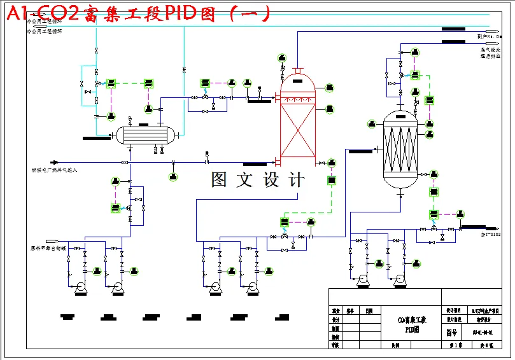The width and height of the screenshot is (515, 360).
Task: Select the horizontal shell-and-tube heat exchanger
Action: pos(143,135)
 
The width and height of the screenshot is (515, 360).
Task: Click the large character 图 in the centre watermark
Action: pos(220,180)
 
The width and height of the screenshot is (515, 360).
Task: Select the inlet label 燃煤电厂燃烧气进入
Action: pos(54,170)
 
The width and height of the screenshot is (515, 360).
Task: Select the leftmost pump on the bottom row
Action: pos(81,287)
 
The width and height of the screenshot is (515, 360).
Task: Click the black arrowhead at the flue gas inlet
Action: pos(55,162)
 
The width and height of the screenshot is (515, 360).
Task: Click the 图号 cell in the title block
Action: pos(451,332)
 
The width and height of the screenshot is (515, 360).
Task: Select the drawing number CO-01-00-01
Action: pos(482,332)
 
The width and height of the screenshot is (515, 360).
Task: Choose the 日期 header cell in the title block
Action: pos(369,311)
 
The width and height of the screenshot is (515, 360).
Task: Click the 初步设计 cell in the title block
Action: pos(482,320)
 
